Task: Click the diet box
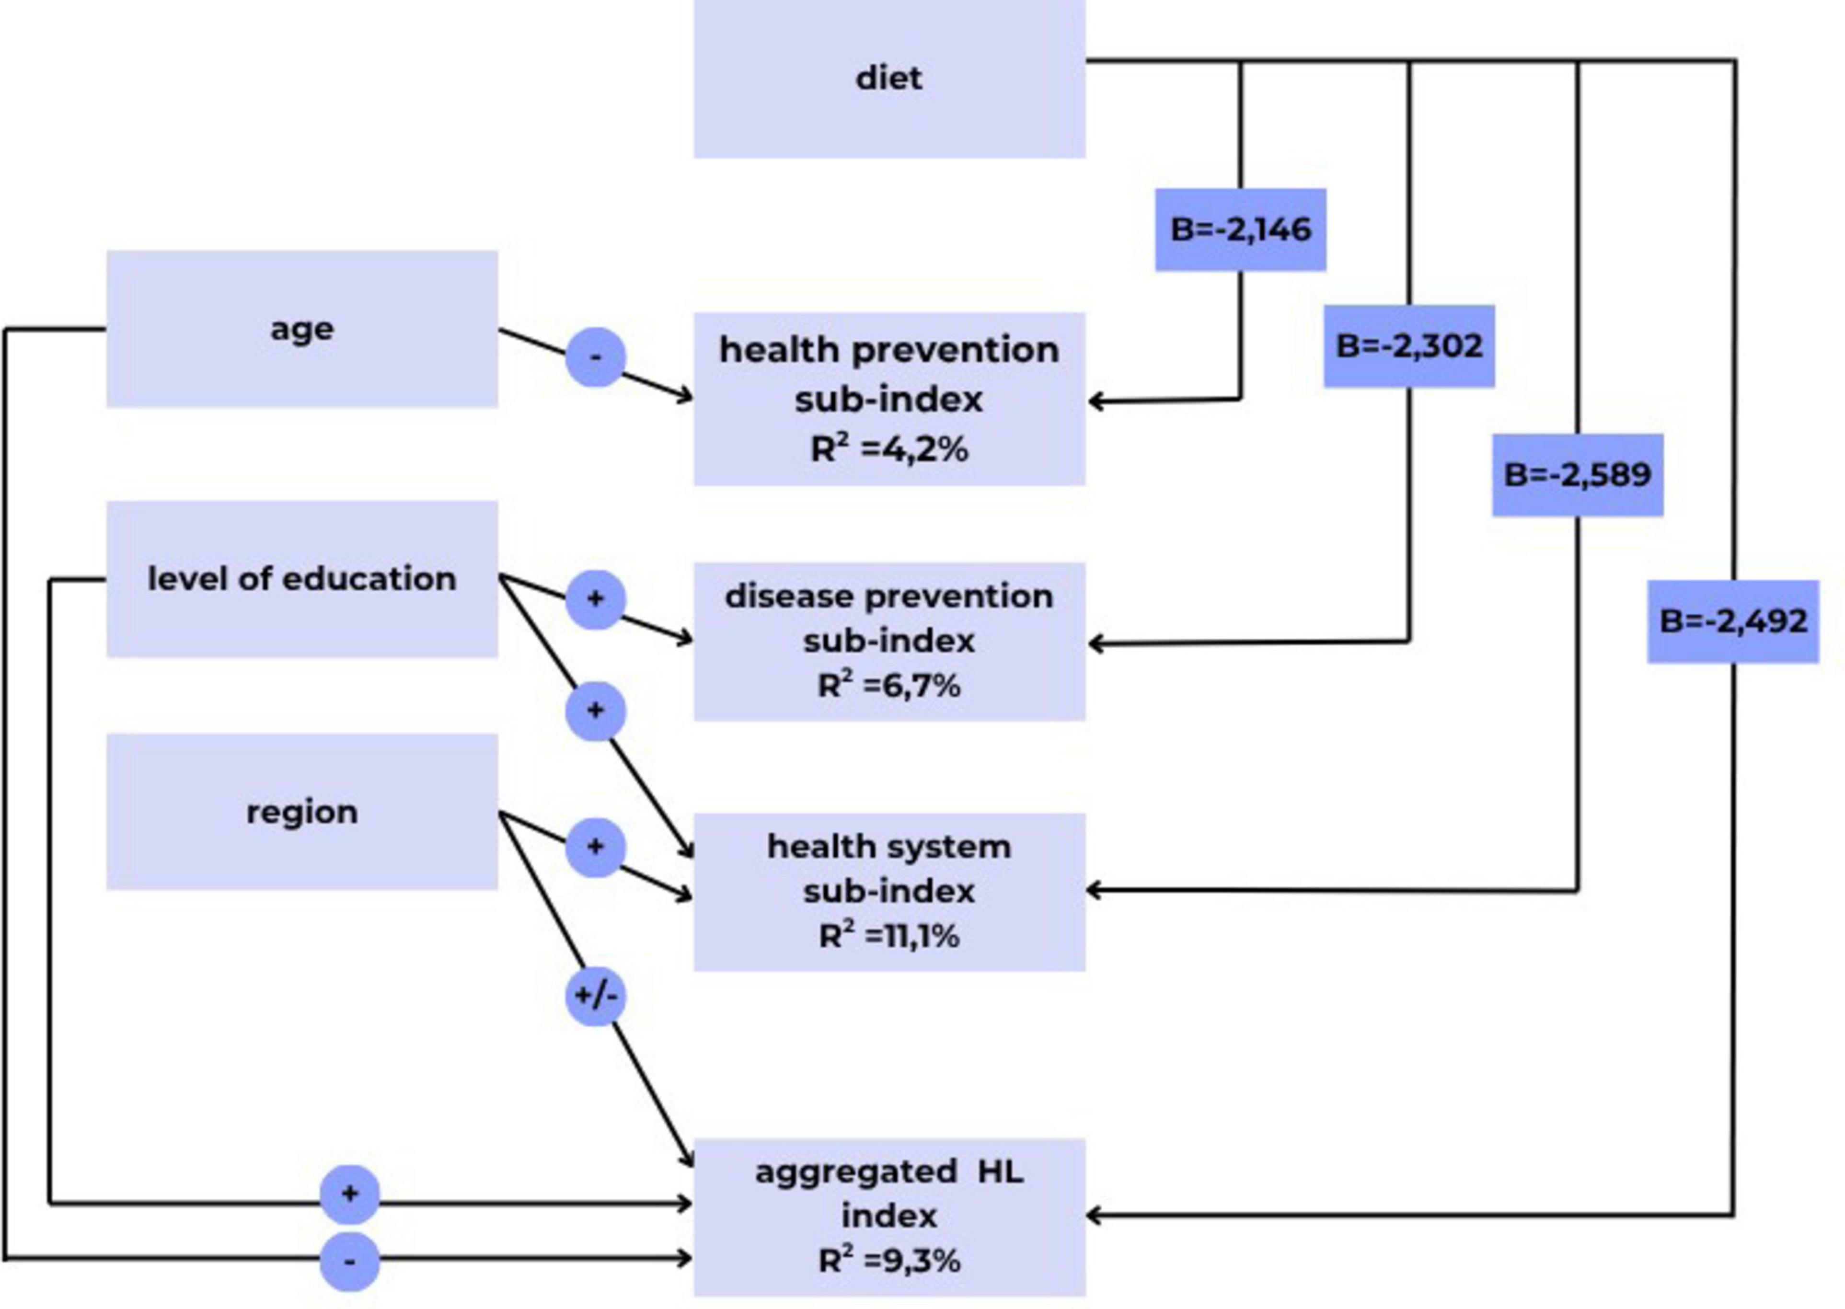coord(889,78)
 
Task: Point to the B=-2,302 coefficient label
coord(1409,346)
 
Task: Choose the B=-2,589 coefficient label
coord(1578,475)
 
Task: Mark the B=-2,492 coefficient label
coord(1733,621)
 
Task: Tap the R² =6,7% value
coord(889,686)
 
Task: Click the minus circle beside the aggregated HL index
coord(349,1261)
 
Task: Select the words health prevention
coord(889,350)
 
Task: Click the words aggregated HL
coord(889,1171)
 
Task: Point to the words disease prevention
coord(889,597)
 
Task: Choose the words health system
coord(889,846)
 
